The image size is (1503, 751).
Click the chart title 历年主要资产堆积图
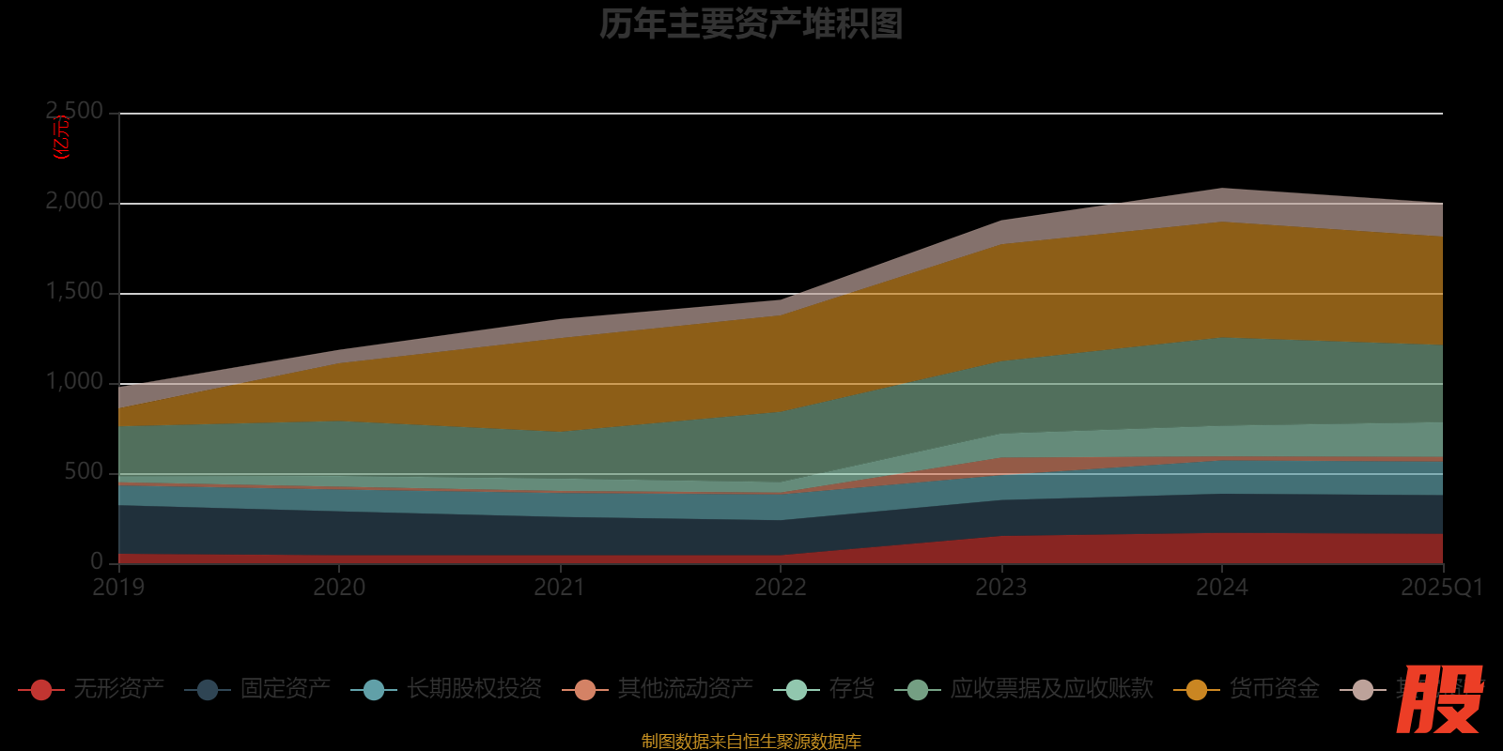751,24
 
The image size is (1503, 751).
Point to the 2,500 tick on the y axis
75,112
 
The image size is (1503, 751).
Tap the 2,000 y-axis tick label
75,202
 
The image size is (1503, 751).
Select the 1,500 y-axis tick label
75,292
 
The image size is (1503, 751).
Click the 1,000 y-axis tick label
75,382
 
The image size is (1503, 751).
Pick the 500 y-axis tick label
84,472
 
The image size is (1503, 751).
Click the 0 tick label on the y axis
97,561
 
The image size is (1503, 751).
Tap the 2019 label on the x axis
118,588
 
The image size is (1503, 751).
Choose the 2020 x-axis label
339,588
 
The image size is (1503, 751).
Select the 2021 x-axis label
560,588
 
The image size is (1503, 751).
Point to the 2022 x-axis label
781,588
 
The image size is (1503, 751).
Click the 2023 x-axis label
1001,588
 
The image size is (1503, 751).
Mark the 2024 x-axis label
1222,588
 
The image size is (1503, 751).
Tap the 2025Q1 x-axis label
1442,588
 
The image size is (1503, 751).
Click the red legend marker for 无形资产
41,690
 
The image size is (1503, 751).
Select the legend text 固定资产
286,689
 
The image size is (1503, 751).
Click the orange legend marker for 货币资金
1197,690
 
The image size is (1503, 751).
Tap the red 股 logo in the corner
1439,699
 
